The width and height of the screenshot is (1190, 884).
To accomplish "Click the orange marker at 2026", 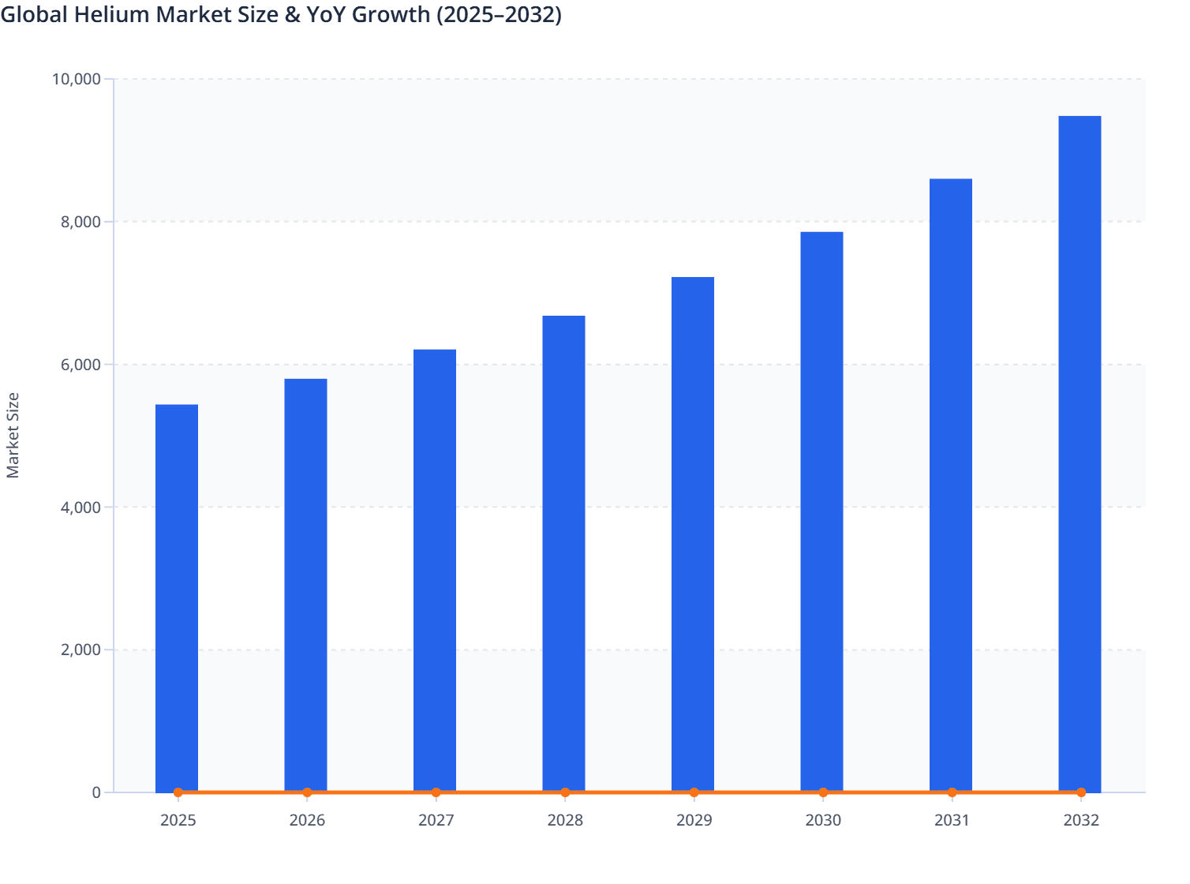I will (307, 792).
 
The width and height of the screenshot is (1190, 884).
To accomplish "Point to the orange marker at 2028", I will (565, 792).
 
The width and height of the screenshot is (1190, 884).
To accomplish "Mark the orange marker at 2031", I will (952, 792).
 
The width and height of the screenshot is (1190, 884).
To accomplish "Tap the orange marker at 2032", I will (1081, 792).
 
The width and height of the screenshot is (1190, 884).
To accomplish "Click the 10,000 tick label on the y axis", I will (77, 79).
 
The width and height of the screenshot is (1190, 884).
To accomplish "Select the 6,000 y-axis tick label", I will (80, 365).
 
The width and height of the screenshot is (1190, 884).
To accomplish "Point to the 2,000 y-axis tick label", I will (80, 650).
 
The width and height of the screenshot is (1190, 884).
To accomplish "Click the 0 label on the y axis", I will (96, 792).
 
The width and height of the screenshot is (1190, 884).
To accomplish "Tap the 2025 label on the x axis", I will (178, 820).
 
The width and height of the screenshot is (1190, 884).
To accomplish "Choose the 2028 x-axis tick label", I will (565, 820).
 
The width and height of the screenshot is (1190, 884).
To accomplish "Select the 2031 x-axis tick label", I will (952, 820).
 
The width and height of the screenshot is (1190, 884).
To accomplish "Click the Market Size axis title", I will (13, 435).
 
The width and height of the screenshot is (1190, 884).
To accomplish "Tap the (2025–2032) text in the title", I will (499, 15).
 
